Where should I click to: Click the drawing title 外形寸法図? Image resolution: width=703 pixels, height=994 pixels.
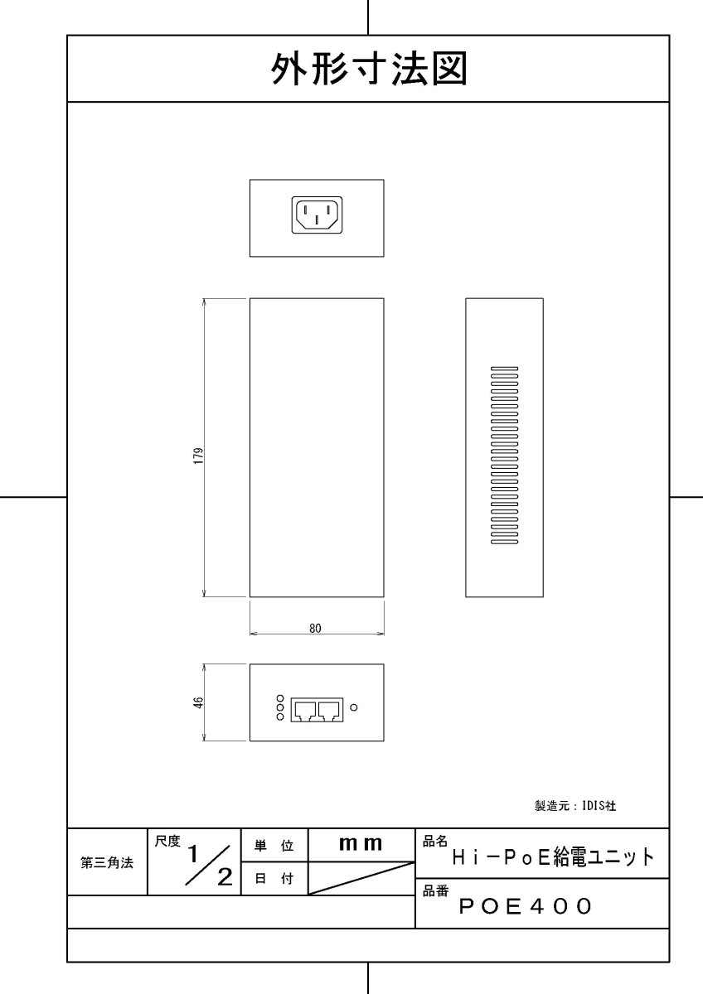tap(369, 70)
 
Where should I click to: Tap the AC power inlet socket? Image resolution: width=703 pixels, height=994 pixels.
tap(317, 215)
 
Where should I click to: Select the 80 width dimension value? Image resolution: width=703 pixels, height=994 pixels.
tap(315, 629)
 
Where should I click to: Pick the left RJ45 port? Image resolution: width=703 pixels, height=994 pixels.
tap(306, 709)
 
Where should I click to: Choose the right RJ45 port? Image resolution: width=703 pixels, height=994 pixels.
tap(331, 709)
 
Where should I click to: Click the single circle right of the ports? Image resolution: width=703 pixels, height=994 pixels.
tap(355, 707)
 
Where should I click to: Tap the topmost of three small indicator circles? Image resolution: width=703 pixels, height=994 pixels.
tap(279, 698)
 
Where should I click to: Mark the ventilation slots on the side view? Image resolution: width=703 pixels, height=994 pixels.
tap(504, 456)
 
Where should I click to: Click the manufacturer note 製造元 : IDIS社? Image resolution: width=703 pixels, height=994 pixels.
tap(575, 805)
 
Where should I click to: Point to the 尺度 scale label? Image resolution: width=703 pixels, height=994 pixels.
tap(167, 842)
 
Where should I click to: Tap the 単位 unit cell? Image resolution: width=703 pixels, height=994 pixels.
tap(274, 846)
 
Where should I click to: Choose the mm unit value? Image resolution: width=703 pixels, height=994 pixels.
tap(361, 844)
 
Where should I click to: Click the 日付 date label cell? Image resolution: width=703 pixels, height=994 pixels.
tap(274, 880)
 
